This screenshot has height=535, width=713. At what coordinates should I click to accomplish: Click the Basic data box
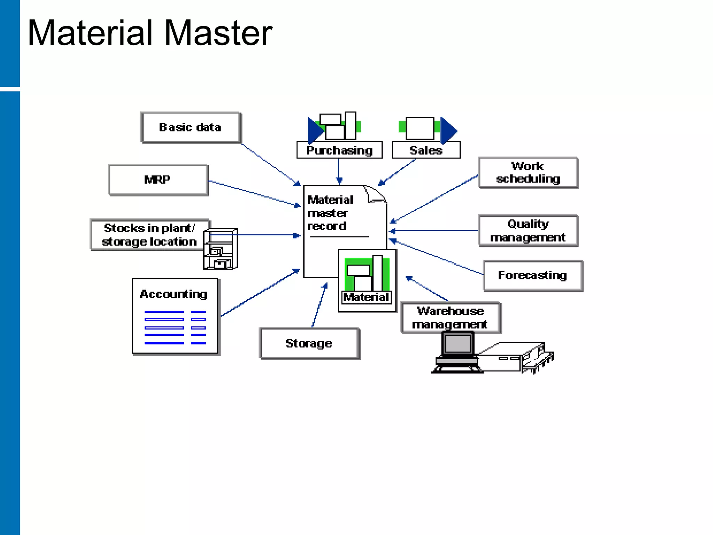190,127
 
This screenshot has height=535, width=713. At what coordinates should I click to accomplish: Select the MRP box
158,180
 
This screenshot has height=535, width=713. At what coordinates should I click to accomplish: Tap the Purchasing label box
339,150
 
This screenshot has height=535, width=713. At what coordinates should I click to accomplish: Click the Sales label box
426,150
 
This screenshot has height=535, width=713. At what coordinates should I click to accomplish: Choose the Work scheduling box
528,173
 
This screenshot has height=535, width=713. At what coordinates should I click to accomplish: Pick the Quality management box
528,231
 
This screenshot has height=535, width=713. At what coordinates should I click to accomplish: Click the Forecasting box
533,276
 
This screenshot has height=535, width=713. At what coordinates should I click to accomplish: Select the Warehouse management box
450,317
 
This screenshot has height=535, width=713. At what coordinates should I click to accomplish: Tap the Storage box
309,343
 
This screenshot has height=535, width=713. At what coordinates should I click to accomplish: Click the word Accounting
173,294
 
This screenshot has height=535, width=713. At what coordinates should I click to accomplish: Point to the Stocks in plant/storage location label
149,234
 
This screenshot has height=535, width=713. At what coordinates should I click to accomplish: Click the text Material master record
330,213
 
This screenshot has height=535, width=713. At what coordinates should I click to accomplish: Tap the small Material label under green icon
366,297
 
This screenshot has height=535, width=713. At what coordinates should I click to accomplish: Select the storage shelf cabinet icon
221,249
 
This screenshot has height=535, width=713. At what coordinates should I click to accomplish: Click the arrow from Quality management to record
435,231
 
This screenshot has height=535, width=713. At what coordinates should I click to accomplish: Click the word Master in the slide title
218,33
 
